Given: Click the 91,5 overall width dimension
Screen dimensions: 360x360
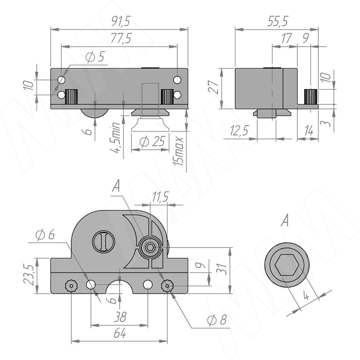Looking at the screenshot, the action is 121,21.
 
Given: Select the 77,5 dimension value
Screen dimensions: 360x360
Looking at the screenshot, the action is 121,38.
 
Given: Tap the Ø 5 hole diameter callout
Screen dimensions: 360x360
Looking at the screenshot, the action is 95,57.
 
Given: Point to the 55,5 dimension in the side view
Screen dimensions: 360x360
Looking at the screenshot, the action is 277,21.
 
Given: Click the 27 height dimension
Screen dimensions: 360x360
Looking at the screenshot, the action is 213,86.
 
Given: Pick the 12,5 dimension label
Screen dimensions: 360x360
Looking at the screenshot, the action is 239,131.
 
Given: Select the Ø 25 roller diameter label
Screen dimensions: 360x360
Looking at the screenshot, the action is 153,141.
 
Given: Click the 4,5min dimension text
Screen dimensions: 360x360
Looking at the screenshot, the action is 116,137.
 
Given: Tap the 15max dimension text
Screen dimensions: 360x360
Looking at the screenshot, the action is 178,151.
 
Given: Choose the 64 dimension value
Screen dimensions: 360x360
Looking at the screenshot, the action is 120,333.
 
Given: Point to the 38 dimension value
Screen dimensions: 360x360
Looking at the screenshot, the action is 120,317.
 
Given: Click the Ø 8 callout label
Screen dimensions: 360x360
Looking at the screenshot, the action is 217,320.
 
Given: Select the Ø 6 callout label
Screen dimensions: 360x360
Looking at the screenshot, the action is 45,234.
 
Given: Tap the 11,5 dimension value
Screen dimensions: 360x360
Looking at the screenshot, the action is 161,197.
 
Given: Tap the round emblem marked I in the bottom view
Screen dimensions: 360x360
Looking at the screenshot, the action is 103,242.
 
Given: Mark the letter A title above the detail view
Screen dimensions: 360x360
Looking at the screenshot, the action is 285,221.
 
